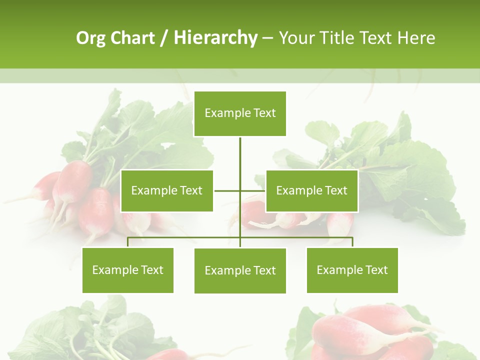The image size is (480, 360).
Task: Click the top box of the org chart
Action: tap(240, 113)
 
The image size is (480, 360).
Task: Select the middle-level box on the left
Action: tap(167, 190)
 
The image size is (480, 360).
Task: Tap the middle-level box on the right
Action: tap(312, 190)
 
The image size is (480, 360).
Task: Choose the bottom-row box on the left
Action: tap(128, 270)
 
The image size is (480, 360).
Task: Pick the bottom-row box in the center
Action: tap(240, 270)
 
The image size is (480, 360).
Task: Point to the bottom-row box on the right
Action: tap(352, 270)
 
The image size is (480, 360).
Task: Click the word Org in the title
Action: tap(90, 38)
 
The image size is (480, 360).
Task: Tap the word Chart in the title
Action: tap(132, 38)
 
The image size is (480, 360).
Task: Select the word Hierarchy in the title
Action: tap(215, 38)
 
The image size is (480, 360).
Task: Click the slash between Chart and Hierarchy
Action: tap(164, 38)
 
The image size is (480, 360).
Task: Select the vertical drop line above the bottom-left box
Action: tap(128, 242)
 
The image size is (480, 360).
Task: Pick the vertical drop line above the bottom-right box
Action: tap(352, 242)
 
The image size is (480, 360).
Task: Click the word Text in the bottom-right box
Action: tap(376, 270)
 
